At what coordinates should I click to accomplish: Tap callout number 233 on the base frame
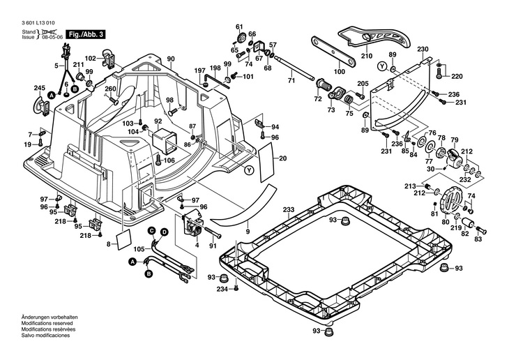pyautogui.click(x=288, y=209)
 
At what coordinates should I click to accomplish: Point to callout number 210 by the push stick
pyautogui.click(x=367, y=56)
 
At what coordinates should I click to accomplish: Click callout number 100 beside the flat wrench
pyautogui.click(x=339, y=72)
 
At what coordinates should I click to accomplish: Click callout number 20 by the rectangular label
pyautogui.click(x=283, y=159)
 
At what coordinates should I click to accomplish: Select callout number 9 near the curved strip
pyautogui.click(x=247, y=230)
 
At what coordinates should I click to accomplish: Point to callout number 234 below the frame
pyautogui.click(x=222, y=289)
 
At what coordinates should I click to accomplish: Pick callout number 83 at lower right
pyautogui.click(x=478, y=239)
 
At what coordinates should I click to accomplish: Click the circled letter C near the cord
pyautogui.click(x=151, y=230)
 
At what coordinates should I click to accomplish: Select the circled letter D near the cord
pyautogui.click(x=164, y=232)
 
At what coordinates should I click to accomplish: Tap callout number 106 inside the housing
pyautogui.click(x=169, y=160)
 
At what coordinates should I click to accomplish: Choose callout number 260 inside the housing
pyautogui.click(x=110, y=89)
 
